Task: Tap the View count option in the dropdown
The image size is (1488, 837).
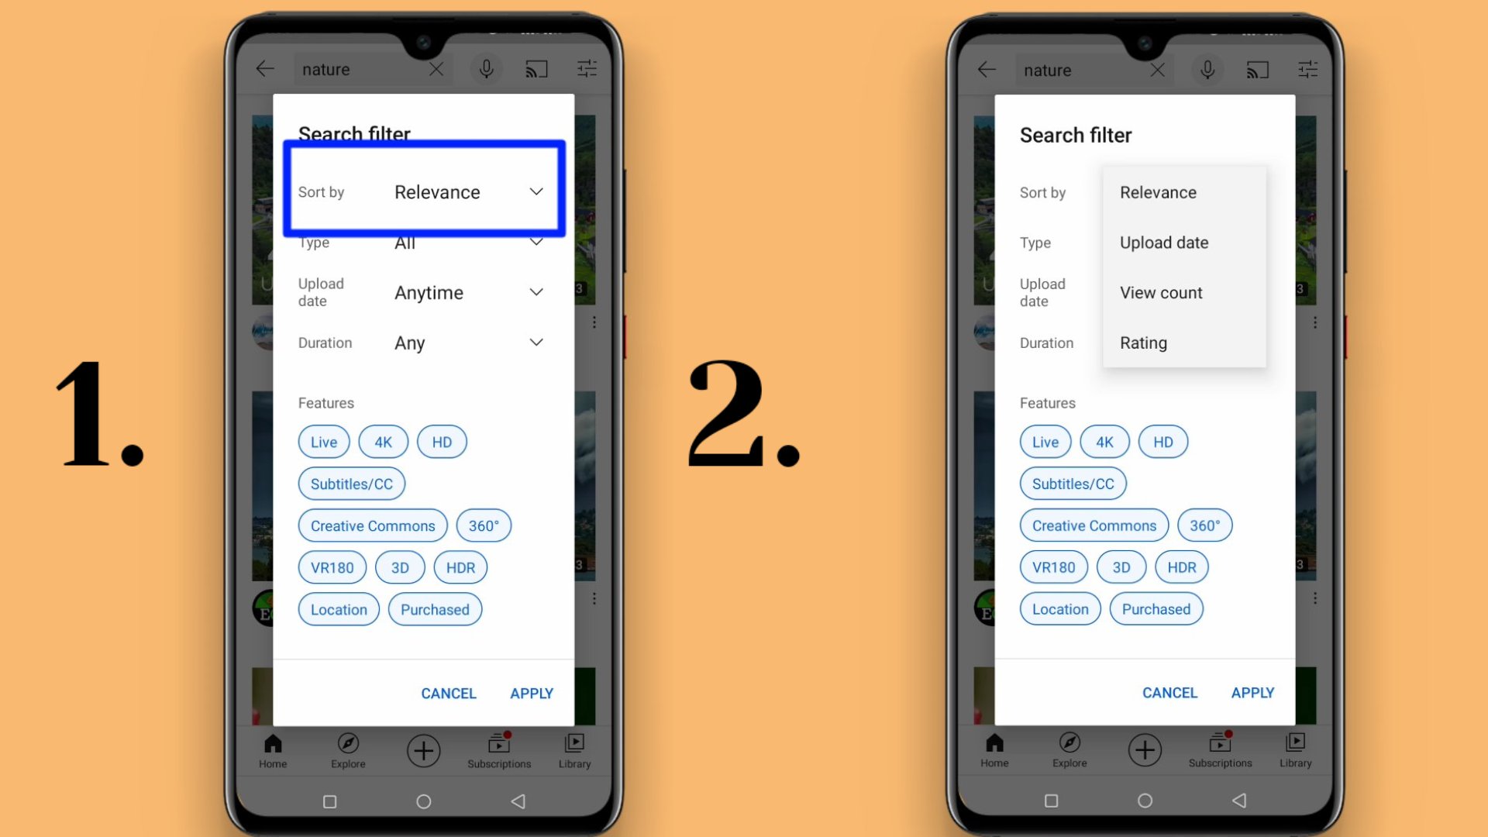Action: (1160, 293)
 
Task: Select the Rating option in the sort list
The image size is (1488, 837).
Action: (1143, 343)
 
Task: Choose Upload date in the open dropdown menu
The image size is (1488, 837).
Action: (1163, 243)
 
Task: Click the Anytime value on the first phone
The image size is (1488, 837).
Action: (429, 293)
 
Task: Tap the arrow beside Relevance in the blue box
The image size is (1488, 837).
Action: (536, 191)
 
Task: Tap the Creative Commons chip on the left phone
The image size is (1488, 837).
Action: (373, 525)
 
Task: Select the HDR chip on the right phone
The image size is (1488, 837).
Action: (1181, 567)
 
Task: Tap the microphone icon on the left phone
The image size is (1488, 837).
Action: (486, 70)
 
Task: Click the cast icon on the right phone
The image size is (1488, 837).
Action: (1257, 71)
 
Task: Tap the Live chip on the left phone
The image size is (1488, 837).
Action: (323, 442)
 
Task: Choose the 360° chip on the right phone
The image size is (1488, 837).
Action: (1204, 525)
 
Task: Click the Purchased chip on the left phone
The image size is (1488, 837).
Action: (435, 609)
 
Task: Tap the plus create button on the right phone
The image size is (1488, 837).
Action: (1145, 750)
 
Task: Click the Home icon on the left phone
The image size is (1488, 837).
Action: (273, 750)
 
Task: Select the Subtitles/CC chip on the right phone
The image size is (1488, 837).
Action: (1073, 484)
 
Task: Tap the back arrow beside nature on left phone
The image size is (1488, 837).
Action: (265, 69)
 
